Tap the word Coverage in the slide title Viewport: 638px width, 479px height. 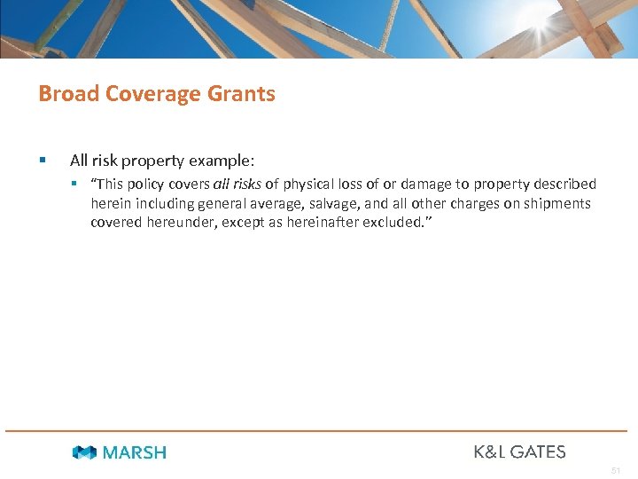[152, 94]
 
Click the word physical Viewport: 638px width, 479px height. [309, 185]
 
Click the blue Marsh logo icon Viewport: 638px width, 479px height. [84, 452]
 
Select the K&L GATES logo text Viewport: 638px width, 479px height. [519, 452]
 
